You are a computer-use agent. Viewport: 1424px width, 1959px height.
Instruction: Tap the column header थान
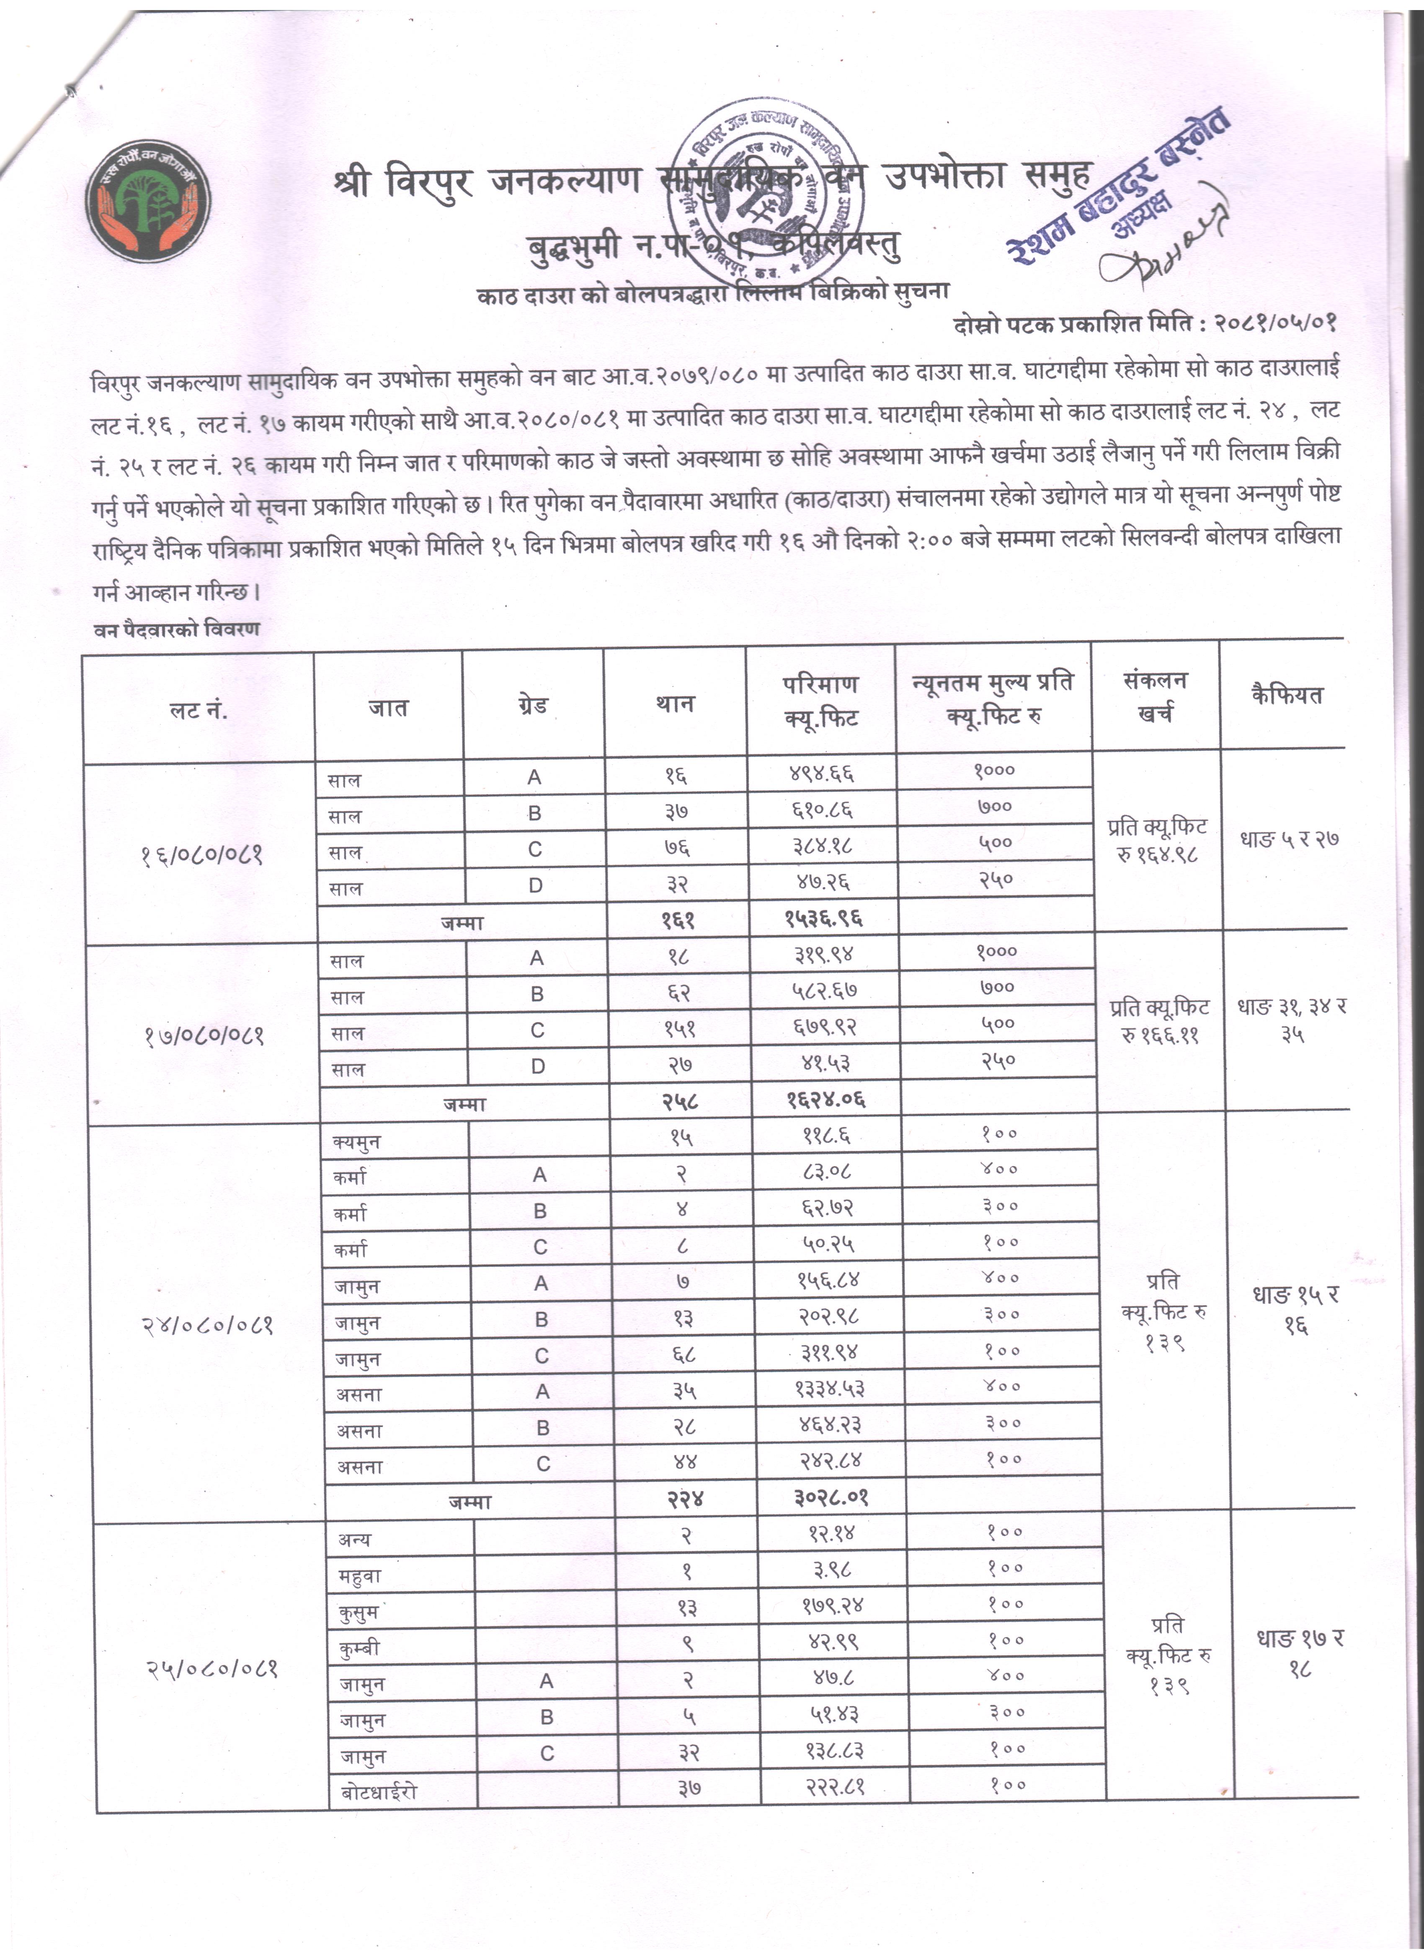[x=674, y=704]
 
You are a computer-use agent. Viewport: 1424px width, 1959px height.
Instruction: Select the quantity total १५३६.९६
[x=823, y=918]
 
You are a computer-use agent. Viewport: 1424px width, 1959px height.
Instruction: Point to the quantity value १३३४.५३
[x=830, y=1388]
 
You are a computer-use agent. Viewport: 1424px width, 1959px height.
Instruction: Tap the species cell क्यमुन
[x=357, y=1142]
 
